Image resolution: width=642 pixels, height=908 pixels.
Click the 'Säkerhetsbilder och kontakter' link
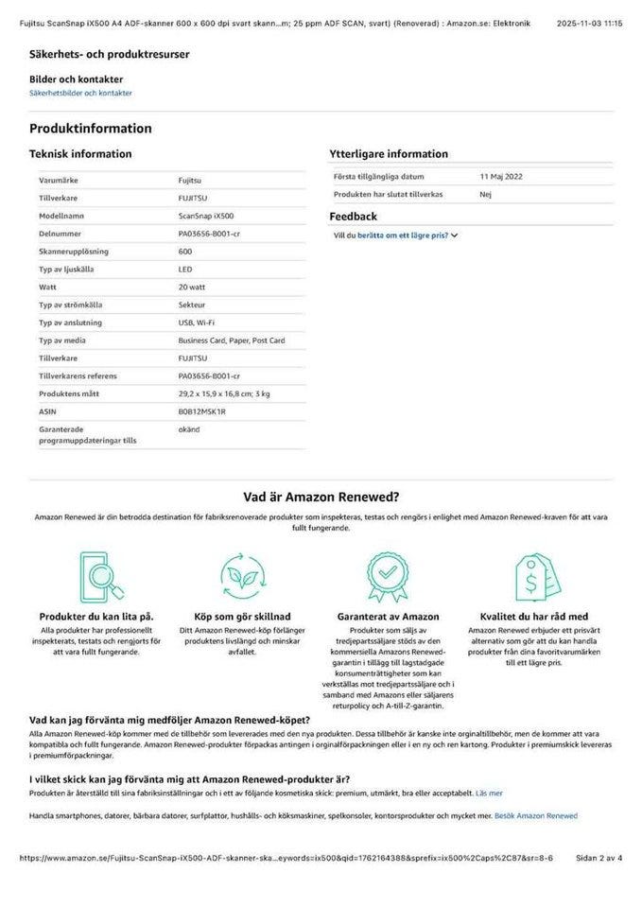pos(80,94)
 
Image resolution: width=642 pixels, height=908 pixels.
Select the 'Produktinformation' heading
pos(90,129)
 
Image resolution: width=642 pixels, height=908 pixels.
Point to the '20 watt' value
pos(191,287)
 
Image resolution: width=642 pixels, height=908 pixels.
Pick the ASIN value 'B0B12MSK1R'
pos(201,411)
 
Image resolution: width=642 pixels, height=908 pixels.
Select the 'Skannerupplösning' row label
pos(74,252)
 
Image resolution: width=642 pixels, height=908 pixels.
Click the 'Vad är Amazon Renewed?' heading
pos(321,496)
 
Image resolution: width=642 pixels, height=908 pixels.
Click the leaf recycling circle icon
pos(241,575)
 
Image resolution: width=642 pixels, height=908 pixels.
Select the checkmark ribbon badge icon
pos(388,575)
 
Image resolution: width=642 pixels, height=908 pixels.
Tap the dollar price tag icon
pos(534,575)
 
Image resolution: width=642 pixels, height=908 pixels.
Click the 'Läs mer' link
pos(489,793)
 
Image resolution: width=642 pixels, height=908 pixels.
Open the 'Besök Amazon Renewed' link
pos(535,815)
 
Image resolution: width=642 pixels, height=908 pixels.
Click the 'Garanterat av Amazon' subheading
pos(388,617)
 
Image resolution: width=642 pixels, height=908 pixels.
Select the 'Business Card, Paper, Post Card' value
pos(231,340)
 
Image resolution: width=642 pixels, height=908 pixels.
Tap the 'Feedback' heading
pos(353,217)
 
